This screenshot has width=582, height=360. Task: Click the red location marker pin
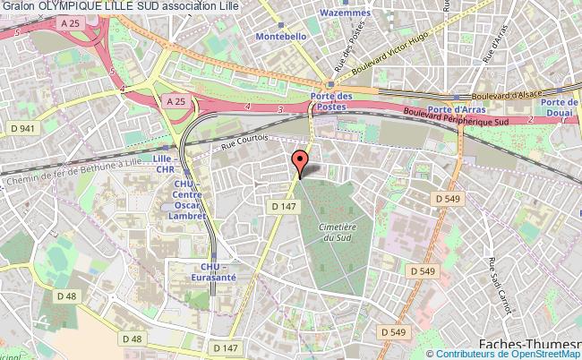click(x=301, y=161)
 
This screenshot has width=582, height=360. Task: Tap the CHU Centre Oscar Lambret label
click(x=190, y=201)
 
